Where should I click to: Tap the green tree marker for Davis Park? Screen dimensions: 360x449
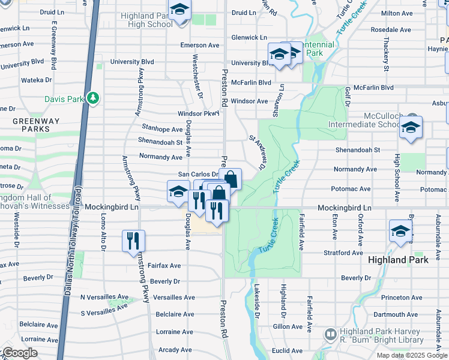click(92, 97)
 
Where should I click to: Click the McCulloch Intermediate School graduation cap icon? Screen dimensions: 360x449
click(411, 127)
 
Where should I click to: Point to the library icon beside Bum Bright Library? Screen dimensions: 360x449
click(330, 334)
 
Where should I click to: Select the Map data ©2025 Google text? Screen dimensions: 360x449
click(411, 355)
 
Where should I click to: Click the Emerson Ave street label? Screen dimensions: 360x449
click(200, 46)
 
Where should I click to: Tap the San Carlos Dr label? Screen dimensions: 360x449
click(197, 174)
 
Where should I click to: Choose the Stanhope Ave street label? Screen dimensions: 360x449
click(162, 129)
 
